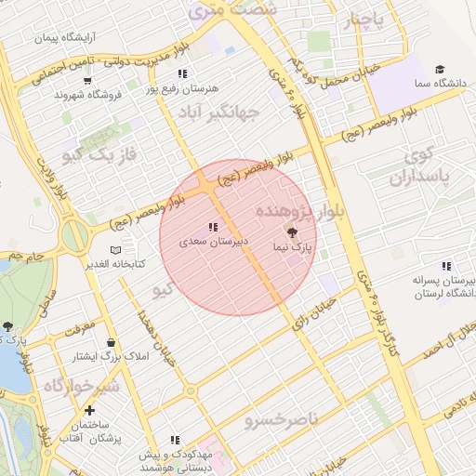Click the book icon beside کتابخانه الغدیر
click(115, 251)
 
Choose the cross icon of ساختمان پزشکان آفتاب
click(89, 410)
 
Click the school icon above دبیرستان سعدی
click(214, 226)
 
